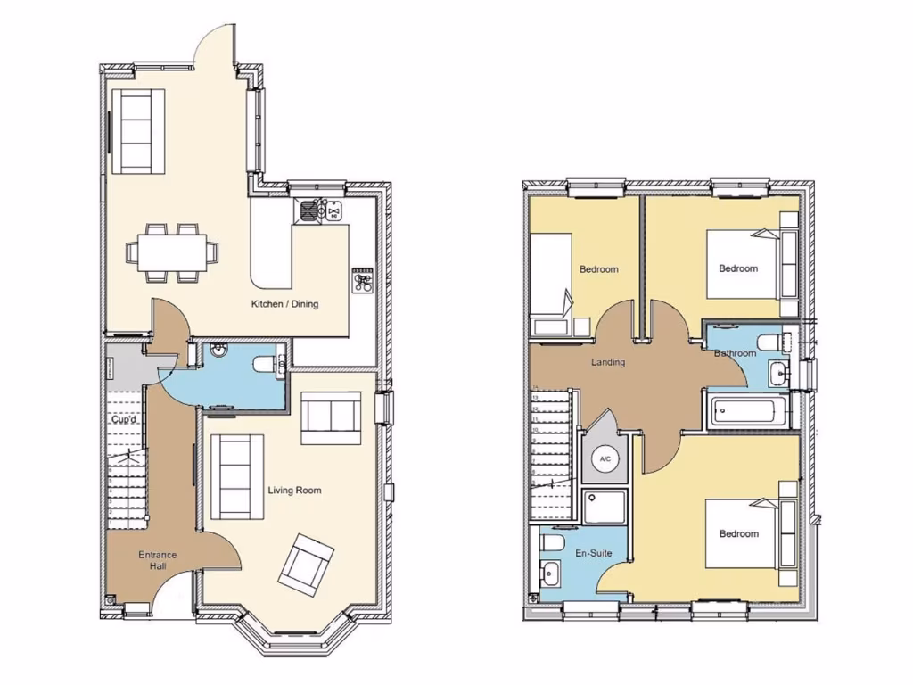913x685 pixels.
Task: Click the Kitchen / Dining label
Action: (284, 304)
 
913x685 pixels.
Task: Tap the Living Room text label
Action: (294, 491)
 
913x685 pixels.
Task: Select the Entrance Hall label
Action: (157, 560)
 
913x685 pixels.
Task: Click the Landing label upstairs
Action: (608, 362)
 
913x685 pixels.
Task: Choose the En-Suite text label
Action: (593, 554)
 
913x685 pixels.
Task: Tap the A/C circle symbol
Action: (605, 459)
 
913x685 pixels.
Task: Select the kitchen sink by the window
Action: (309, 210)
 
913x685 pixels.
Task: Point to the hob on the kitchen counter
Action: (363, 282)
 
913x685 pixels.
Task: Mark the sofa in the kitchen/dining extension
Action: (136, 129)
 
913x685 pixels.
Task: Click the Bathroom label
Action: (736, 353)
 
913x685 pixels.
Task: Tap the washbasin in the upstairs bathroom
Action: (777, 372)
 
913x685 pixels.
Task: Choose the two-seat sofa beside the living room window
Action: (331, 417)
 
